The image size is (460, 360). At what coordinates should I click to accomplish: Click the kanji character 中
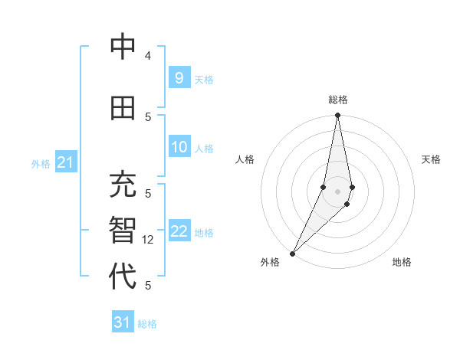123,47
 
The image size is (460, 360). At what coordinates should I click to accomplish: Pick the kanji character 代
123,275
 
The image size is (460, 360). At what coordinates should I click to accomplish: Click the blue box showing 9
179,77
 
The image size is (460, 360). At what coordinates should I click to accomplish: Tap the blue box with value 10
179,147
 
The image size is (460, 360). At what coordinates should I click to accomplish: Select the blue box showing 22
179,231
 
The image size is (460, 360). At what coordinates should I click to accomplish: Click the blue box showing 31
123,322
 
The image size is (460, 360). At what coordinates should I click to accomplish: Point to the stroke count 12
149,240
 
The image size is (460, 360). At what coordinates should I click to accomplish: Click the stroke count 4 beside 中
148,57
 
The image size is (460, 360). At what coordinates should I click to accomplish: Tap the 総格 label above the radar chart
338,100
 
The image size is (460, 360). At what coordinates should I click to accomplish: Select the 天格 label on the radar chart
431,159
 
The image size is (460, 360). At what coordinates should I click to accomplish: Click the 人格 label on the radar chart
245,159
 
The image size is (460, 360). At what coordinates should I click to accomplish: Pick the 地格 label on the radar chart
402,262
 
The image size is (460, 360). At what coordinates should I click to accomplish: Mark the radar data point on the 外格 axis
292,253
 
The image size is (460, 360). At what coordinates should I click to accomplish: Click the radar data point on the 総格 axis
337,116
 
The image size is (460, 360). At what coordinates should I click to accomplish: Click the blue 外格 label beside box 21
40,163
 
